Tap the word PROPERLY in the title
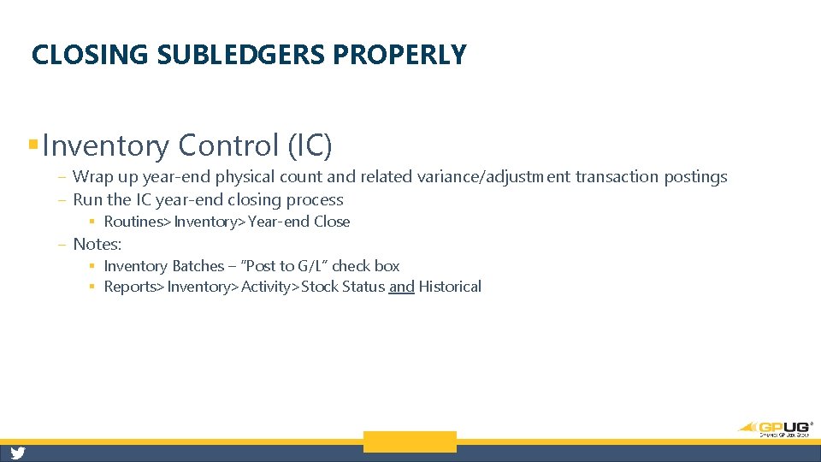(400, 55)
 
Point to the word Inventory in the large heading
(106, 146)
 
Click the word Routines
(133, 222)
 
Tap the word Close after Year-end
(332, 222)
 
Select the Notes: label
(97, 244)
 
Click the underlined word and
(401, 287)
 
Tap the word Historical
(450, 287)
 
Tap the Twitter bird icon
(17, 453)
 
